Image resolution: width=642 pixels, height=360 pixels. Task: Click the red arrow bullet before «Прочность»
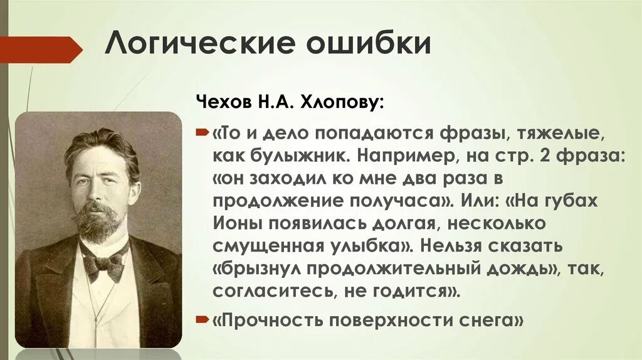click(203, 320)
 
